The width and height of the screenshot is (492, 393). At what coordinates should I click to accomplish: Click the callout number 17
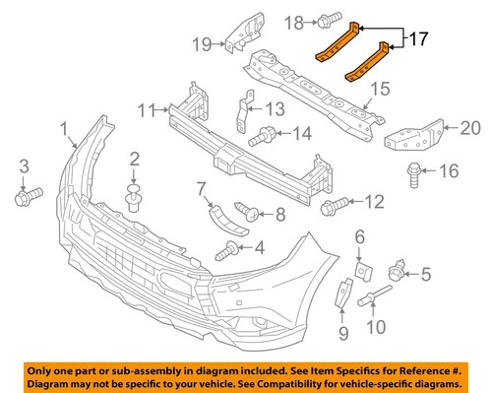click(418, 40)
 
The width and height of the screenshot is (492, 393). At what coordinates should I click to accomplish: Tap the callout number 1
click(64, 128)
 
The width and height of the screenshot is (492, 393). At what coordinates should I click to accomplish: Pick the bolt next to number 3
click(26, 197)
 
